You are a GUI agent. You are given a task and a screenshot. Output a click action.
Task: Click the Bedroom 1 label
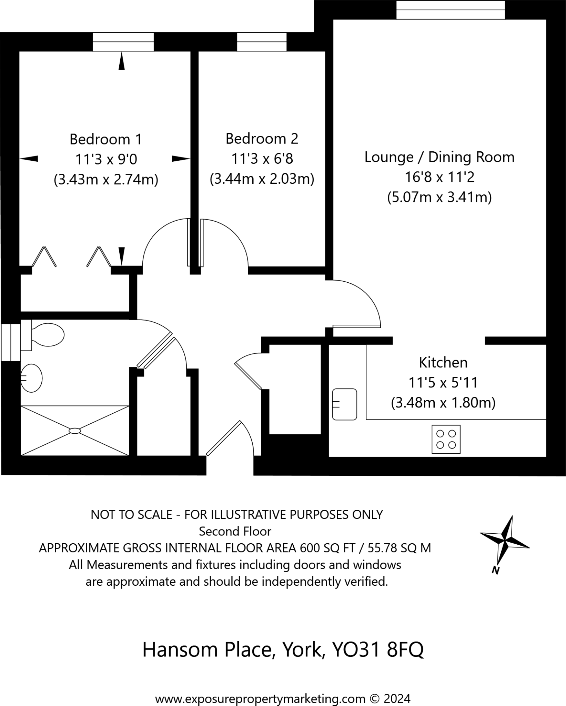pyautogui.click(x=105, y=139)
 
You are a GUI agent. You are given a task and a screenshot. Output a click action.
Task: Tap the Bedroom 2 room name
pyautogui.click(x=262, y=139)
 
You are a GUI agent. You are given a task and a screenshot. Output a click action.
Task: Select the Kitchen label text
pyautogui.click(x=443, y=363)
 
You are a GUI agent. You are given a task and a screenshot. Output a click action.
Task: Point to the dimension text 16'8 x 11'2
pyautogui.click(x=439, y=177)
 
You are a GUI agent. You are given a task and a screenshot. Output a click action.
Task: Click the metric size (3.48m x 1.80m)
pyautogui.click(x=443, y=403)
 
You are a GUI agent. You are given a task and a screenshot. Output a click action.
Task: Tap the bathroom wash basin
pyautogui.click(x=31, y=378)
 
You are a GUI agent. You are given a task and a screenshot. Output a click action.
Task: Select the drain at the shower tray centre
pyautogui.click(x=75, y=431)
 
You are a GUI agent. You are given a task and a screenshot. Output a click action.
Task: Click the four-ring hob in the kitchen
pyautogui.click(x=446, y=439)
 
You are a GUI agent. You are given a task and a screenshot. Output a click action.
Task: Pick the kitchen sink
pyautogui.click(x=344, y=404)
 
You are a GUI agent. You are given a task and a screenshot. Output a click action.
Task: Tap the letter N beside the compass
pyautogui.click(x=496, y=570)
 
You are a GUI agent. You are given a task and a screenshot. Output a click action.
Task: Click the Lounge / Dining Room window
pyautogui.click(x=450, y=10)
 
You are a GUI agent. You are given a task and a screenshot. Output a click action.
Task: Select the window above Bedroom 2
pyautogui.click(x=262, y=42)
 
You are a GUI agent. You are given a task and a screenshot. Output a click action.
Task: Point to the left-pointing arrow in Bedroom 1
pyautogui.click(x=29, y=159)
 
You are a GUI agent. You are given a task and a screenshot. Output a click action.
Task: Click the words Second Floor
pyautogui.click(x=235, y=532)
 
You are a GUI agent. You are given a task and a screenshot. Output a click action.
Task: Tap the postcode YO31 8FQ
pyautogui.click(x=377, y=650)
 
